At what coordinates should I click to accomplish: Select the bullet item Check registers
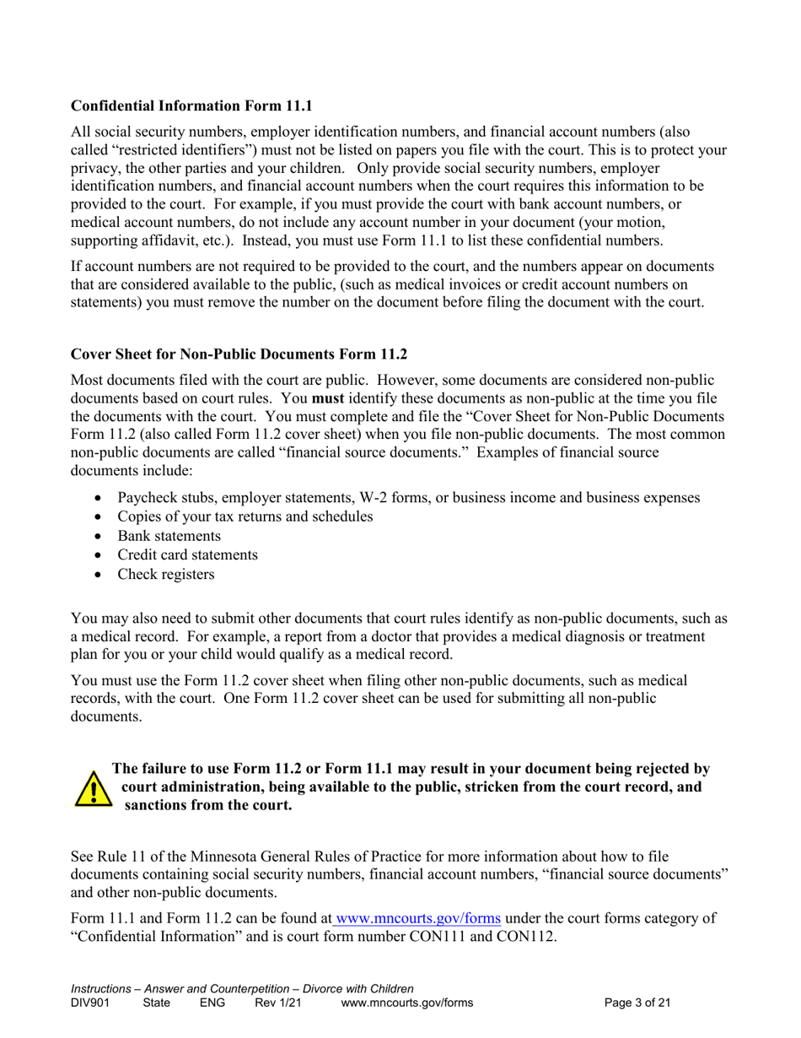click(x=165, y=575)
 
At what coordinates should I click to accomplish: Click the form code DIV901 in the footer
click(x=92, y=1003)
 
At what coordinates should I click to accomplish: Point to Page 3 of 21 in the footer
click(x=637, y=1003)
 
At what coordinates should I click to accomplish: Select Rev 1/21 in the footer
click(x=277, y=1003)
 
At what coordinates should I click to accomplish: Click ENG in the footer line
click(x=212, y=1003)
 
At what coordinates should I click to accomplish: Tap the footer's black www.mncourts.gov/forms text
click(x=406, y=1003)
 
